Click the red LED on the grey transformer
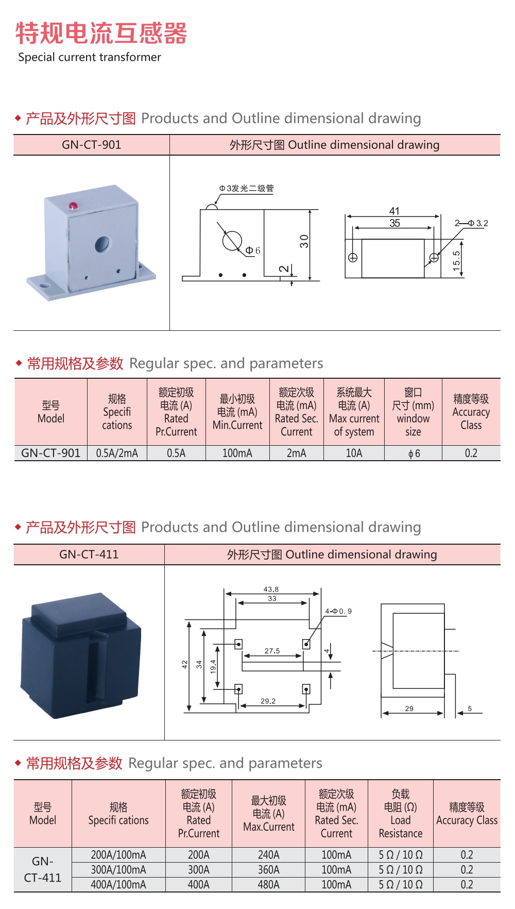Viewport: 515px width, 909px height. [73, 206]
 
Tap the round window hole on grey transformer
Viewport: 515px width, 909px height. [102, 243]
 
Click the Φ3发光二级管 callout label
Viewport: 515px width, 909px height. [247, 189]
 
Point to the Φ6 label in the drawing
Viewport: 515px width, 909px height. [253, 250]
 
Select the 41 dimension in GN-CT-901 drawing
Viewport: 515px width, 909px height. [394, 211]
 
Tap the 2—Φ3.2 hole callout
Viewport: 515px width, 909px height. [471, 223]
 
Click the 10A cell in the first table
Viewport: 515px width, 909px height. [354, 453]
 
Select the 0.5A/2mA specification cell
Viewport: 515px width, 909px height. [117, 453]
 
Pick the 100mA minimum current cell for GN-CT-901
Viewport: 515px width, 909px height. [237, 453]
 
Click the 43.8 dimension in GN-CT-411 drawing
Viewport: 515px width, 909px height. [271, 589]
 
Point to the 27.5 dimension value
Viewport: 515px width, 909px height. [272, 651]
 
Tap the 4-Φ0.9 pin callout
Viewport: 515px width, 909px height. [338, 611]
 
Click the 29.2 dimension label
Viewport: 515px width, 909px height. [268, 701]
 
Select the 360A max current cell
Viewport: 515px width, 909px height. [268, 870]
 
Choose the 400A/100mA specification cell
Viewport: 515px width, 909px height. [118, 885]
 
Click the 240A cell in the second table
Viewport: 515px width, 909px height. [268, 855]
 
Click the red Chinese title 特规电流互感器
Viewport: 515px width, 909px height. [101, 33]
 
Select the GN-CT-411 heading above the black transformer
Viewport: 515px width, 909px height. [89, 554]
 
